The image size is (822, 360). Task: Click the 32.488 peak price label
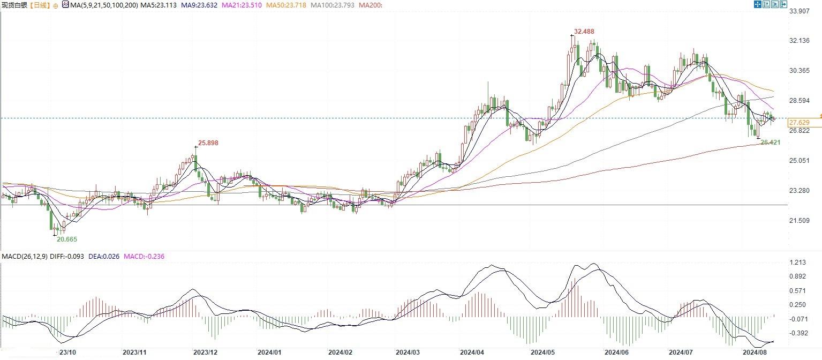(x=584, y=32)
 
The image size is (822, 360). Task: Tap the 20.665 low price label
(x=67, y=238)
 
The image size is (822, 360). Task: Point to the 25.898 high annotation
(x=208, y=143)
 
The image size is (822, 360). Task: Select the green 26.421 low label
(x=770, y=142)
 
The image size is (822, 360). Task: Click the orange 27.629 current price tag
(x=798, y=123)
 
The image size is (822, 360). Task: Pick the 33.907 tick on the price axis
(x=798, y=11)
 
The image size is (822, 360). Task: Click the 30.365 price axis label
(x=798, y=71)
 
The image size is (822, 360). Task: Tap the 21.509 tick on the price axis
(x=798, y=221)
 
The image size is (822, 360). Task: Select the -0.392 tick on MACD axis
(x=796, y=333)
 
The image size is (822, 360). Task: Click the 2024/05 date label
(x=542, y=352)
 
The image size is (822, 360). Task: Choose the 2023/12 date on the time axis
(x=205, y=352)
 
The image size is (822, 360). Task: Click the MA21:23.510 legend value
(x=258, y=5)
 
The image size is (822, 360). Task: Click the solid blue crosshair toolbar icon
(x=758, y=4)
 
